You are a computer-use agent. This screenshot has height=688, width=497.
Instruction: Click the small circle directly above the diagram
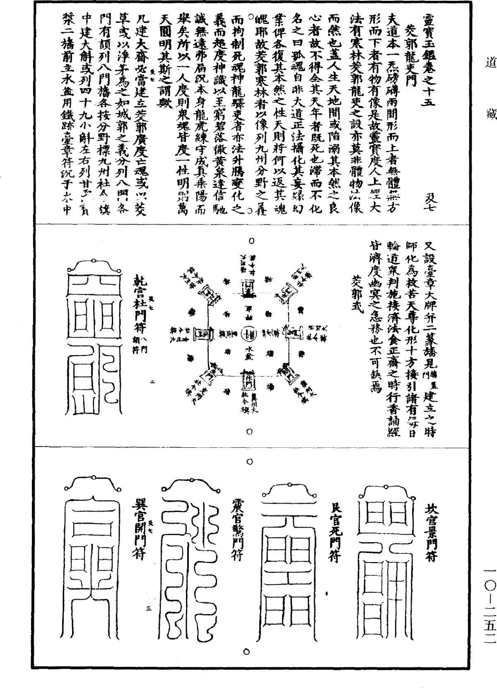(251, 240)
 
